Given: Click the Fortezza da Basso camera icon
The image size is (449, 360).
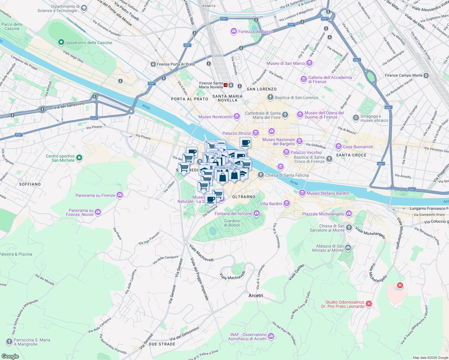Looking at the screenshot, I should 234,31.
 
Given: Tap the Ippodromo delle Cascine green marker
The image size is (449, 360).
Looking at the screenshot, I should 61,43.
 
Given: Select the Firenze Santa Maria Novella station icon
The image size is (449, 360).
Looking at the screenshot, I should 231,85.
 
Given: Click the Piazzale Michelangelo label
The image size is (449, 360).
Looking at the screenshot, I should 323,214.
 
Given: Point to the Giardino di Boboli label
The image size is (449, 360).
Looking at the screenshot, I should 232,223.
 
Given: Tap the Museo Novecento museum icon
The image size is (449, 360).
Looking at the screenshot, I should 237,116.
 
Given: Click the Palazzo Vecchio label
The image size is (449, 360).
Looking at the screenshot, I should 306,152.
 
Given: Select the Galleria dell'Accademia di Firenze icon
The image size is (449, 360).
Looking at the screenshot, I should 304,79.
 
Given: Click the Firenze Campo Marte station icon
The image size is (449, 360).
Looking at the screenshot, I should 426,75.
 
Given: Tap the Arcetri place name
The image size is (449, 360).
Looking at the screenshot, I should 256,295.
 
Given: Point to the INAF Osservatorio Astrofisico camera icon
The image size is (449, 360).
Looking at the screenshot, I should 271,336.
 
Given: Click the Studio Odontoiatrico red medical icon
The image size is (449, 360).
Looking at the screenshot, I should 369,304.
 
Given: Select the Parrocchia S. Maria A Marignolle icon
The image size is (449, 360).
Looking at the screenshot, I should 9,342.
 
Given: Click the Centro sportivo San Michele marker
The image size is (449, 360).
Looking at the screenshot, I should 79,158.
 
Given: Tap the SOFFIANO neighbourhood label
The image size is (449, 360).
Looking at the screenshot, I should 30,184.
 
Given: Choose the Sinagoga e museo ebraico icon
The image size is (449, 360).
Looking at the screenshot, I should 356,118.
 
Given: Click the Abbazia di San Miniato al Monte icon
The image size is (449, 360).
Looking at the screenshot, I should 348,248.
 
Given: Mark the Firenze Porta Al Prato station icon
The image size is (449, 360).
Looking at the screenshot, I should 153,64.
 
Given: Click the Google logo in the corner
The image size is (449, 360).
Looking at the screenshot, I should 10,356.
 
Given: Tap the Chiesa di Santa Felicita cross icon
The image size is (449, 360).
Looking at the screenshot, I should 261,175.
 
